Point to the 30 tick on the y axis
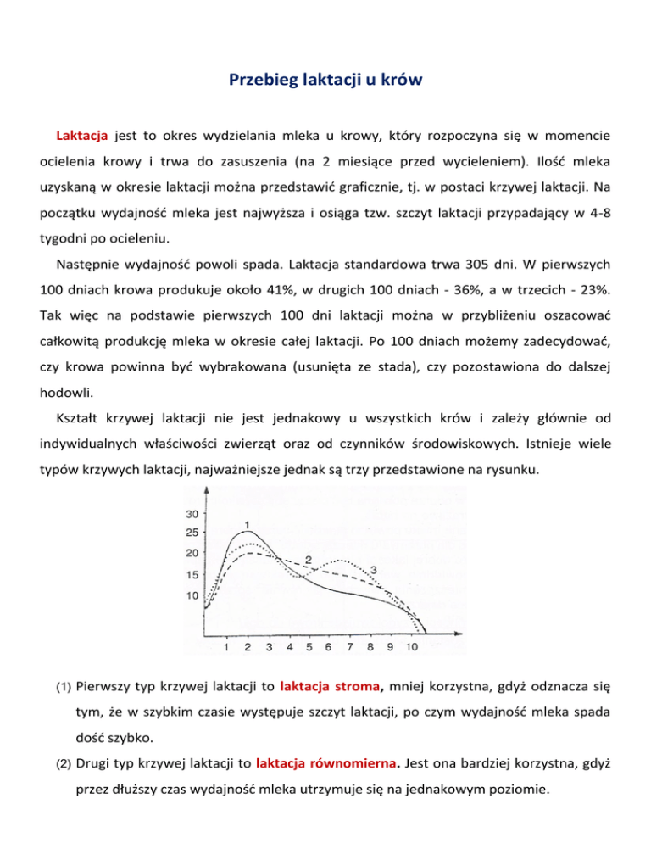tap(191, 514)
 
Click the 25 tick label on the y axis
tap(191, 533)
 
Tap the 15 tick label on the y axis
tap(191, 575)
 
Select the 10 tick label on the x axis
tap(412, 647)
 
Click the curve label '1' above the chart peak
tap(245, 523)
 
